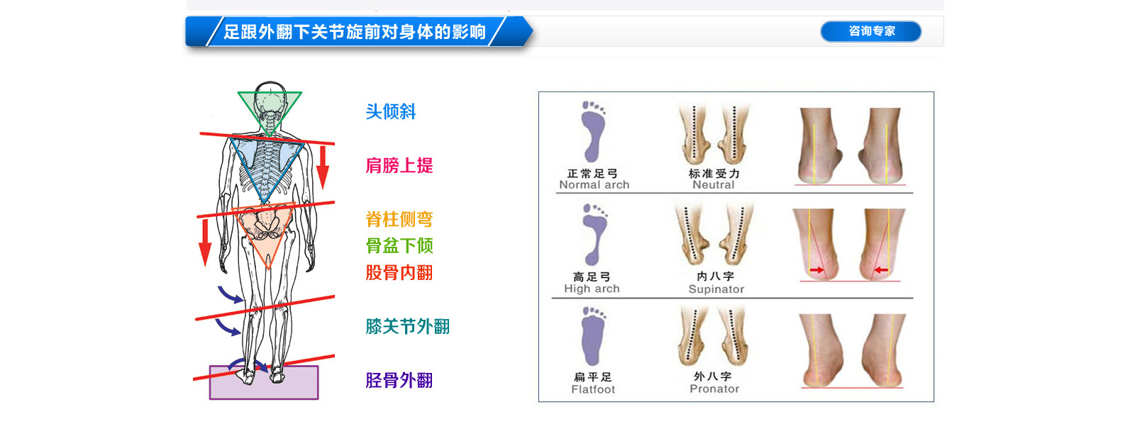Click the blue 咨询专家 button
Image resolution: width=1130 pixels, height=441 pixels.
870,31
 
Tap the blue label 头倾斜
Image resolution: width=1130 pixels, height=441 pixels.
390,111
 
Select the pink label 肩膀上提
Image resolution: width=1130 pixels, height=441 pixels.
399,165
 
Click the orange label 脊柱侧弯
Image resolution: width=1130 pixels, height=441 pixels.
399,219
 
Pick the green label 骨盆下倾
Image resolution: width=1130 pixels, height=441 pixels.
399,246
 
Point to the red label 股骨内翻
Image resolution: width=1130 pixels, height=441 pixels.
399,273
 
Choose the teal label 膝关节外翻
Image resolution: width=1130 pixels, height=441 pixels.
408,327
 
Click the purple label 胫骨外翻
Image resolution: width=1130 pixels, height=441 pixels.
399,380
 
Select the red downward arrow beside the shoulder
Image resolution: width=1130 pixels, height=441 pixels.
323,167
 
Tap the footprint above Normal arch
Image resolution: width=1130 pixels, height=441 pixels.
593,132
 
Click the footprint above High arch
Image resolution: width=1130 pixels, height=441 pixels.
594,235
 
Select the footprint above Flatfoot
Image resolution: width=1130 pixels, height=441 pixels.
593,336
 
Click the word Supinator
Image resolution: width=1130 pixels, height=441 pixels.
716,289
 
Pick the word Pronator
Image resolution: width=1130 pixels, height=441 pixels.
714,389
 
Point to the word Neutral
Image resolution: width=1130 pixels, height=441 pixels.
714,185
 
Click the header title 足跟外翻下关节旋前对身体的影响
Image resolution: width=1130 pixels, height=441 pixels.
355,32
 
